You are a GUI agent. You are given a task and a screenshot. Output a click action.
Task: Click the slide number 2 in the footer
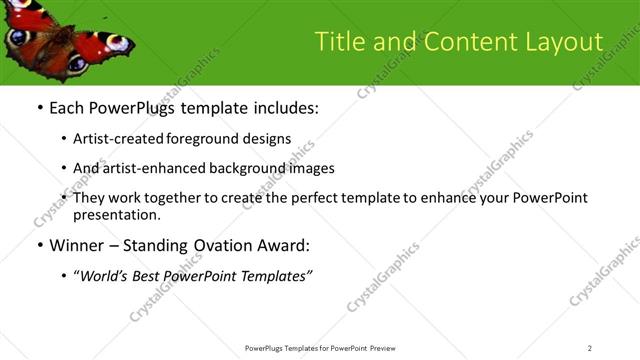[590, 348]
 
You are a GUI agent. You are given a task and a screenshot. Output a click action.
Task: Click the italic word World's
[105, 276]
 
